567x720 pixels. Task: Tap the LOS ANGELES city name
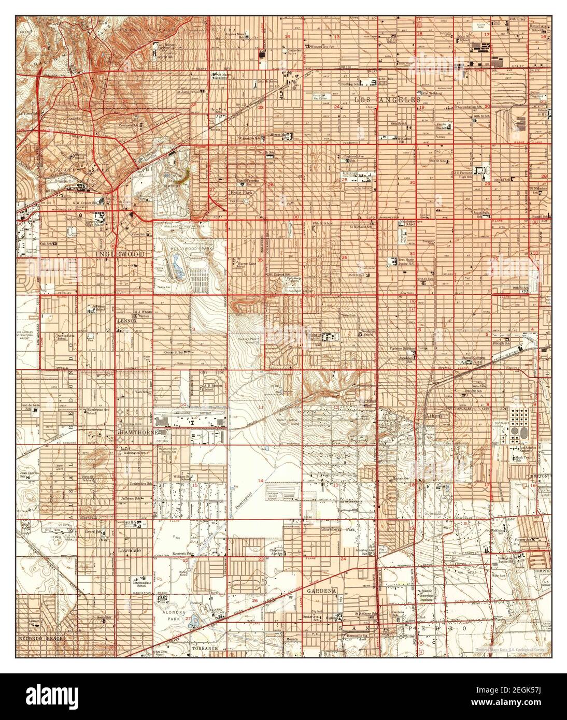tap(387, 99)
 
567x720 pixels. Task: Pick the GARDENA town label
tap(321, 591)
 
